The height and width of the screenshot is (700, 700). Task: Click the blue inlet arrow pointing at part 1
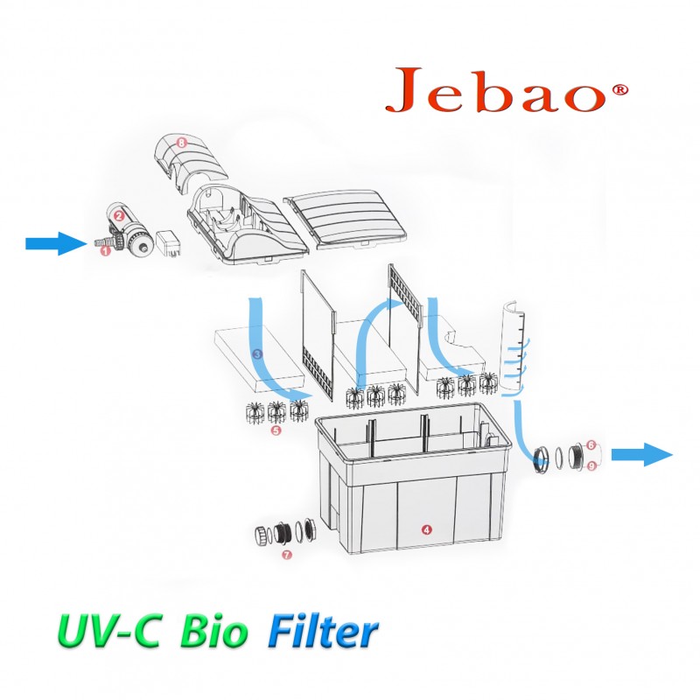pyautogui.click(x=56, y=244)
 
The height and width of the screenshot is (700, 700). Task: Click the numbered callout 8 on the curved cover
pyautogui.click(x=181, y=141)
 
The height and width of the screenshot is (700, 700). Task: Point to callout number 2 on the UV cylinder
pyautogui.click(x=118, y=213)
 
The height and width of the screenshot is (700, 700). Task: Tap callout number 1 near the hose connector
pyautogui.click(x=106, y=250)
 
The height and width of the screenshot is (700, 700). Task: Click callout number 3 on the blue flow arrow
pyautogui.click(x=256, y=354)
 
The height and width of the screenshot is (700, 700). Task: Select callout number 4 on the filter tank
pyautogui.click(x=426, y=529)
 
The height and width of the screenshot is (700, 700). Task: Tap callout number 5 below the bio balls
pyautogui.click(x=276, y=430)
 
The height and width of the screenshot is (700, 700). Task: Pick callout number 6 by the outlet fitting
pyautogui.click(x=591, y=444)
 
